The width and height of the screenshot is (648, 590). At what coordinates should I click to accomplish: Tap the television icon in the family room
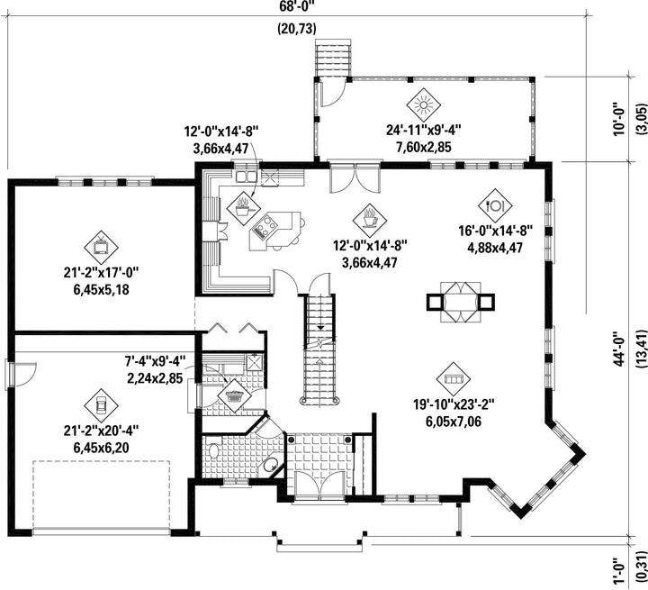click(101, 248)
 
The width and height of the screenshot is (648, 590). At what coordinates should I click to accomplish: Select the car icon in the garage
click(101, 406)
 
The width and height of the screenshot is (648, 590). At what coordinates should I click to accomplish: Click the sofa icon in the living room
click(453, 379)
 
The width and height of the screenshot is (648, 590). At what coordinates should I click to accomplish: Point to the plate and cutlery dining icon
click(495, 205)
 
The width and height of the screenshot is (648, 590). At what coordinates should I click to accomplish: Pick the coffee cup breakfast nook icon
click(370, 221)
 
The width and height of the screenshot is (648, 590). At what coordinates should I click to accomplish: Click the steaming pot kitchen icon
click(243, 208)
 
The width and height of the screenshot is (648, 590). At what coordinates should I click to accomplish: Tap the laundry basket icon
click(234, 396)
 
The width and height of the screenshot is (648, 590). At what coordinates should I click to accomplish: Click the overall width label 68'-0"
click(297, 5)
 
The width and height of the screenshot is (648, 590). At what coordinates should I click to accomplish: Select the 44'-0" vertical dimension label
click(619, 349)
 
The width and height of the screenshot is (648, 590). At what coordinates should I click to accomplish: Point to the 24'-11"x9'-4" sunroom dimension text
click(424, 130)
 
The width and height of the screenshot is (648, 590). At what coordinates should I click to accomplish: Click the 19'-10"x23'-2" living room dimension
click(454, 404)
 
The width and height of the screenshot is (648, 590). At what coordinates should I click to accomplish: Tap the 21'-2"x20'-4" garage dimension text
click(101, 431)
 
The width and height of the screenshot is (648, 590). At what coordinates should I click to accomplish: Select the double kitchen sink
click(247, 177)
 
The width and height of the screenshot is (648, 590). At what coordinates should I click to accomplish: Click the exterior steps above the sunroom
click(333, 58)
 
